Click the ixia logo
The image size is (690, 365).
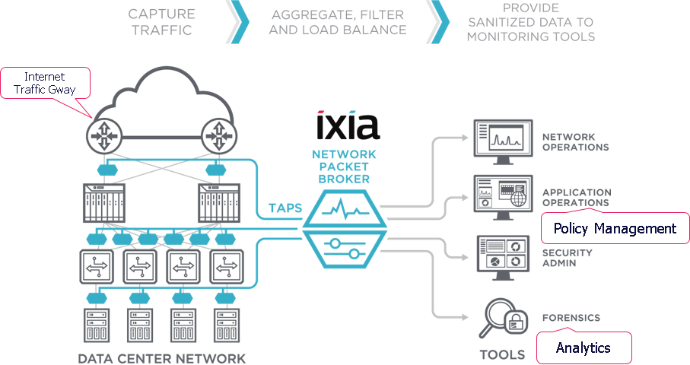pos(348,125)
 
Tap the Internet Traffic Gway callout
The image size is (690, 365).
pos(46,83)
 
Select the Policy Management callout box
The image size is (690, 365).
pos(615,228)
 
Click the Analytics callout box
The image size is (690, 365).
pos(583,348)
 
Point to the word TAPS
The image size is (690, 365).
pos(285,208)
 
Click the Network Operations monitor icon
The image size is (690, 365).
pos(503,141)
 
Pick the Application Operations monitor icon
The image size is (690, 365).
pos(503,197)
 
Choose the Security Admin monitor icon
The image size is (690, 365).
pos(503,257)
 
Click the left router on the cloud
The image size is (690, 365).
pos(104,136)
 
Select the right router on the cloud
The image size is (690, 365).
pos(218,136)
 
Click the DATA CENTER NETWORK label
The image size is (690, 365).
pos(161,358)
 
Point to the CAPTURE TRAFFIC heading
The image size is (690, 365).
pos(161,22)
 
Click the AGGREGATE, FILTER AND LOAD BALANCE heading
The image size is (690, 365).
pos(338,22)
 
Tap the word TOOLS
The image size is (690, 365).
pos(502,354)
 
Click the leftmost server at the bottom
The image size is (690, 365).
pos(97,325)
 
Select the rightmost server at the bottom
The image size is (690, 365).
pos(227,325)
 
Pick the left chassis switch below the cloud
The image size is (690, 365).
pos(104,203)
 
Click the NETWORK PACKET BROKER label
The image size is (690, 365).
pos(344,167)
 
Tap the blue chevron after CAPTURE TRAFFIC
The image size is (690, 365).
pos(238,22)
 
